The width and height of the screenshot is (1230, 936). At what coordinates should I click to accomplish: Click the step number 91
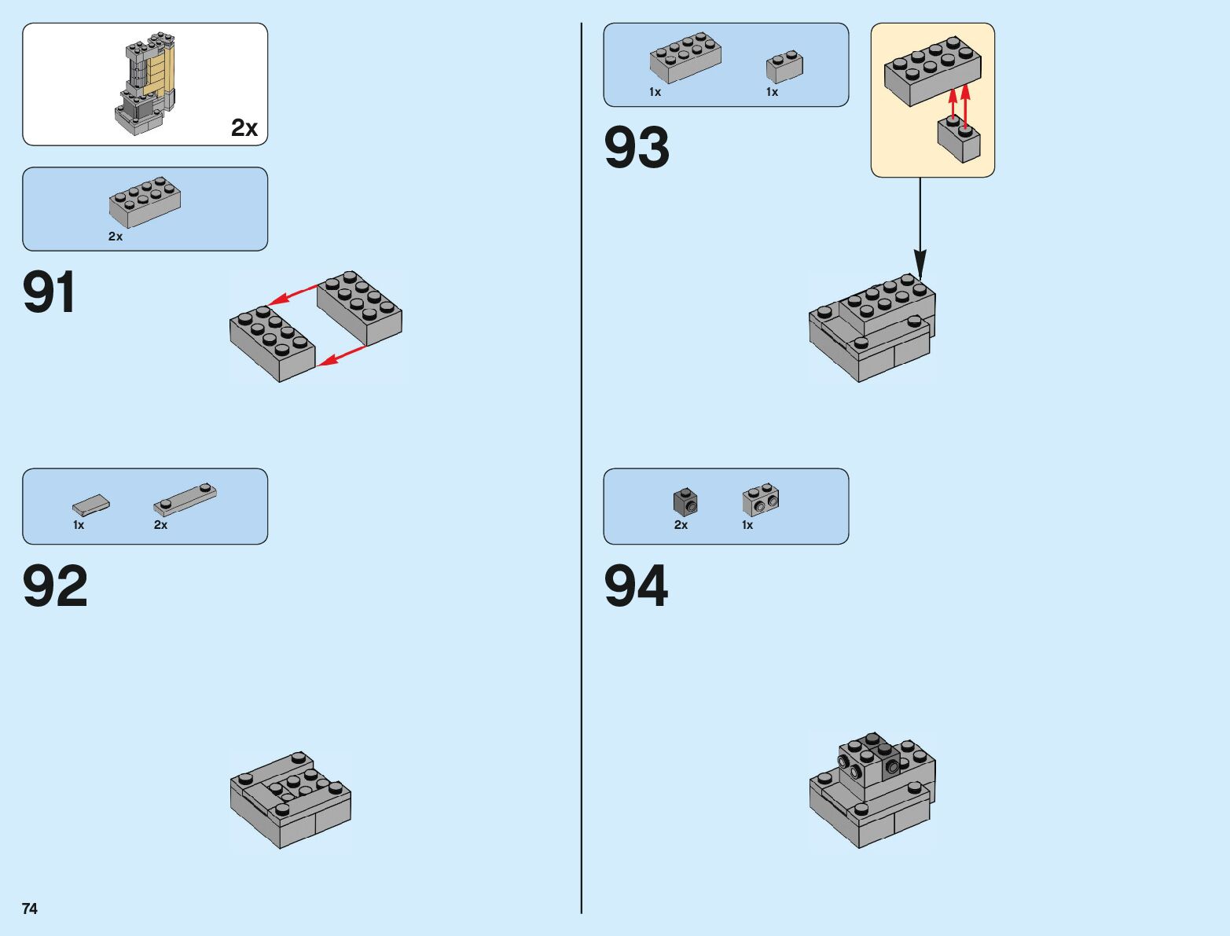(50, 293)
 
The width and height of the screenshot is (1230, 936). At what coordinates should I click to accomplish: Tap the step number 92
(55, 587)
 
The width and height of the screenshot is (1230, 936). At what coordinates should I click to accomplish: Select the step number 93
(637, 148)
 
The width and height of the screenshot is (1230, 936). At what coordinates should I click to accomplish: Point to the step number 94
(636, 587)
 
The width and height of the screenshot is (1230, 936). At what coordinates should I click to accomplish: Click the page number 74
(30, 908)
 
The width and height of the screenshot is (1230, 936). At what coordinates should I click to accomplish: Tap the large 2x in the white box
(244, 128)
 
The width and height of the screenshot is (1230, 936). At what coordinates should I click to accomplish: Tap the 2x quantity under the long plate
(160, 525)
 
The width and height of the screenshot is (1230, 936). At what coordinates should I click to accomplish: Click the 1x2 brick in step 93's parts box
(784, 68)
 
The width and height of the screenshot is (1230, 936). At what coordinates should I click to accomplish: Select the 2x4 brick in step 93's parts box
(685, 57)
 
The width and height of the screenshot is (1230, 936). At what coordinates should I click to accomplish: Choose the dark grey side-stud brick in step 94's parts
(685, 501)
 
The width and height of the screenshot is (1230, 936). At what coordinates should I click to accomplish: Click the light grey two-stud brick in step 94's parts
(761, 499)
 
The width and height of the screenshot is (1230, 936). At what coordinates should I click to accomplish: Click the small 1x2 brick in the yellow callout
(959, 140)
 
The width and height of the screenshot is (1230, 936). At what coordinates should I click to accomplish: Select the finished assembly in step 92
(290, 798)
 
